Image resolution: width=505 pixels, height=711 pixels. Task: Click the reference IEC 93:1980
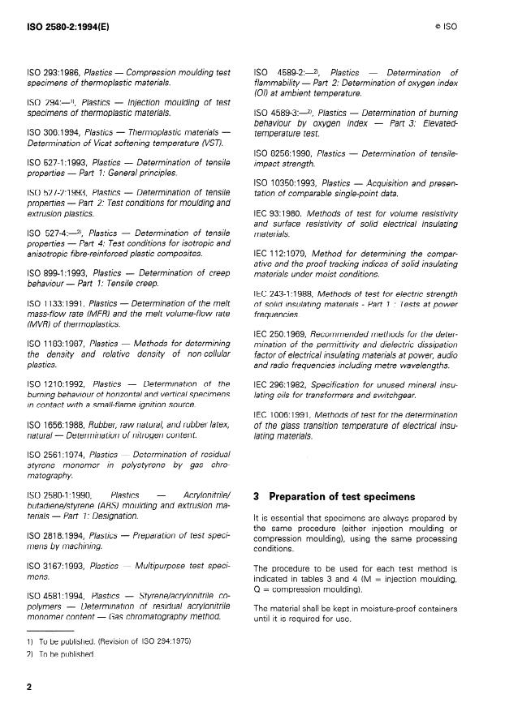(281, 212)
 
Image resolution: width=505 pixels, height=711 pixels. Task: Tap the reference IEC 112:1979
(283, 251)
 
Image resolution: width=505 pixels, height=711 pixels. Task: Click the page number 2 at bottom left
(30, 686)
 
